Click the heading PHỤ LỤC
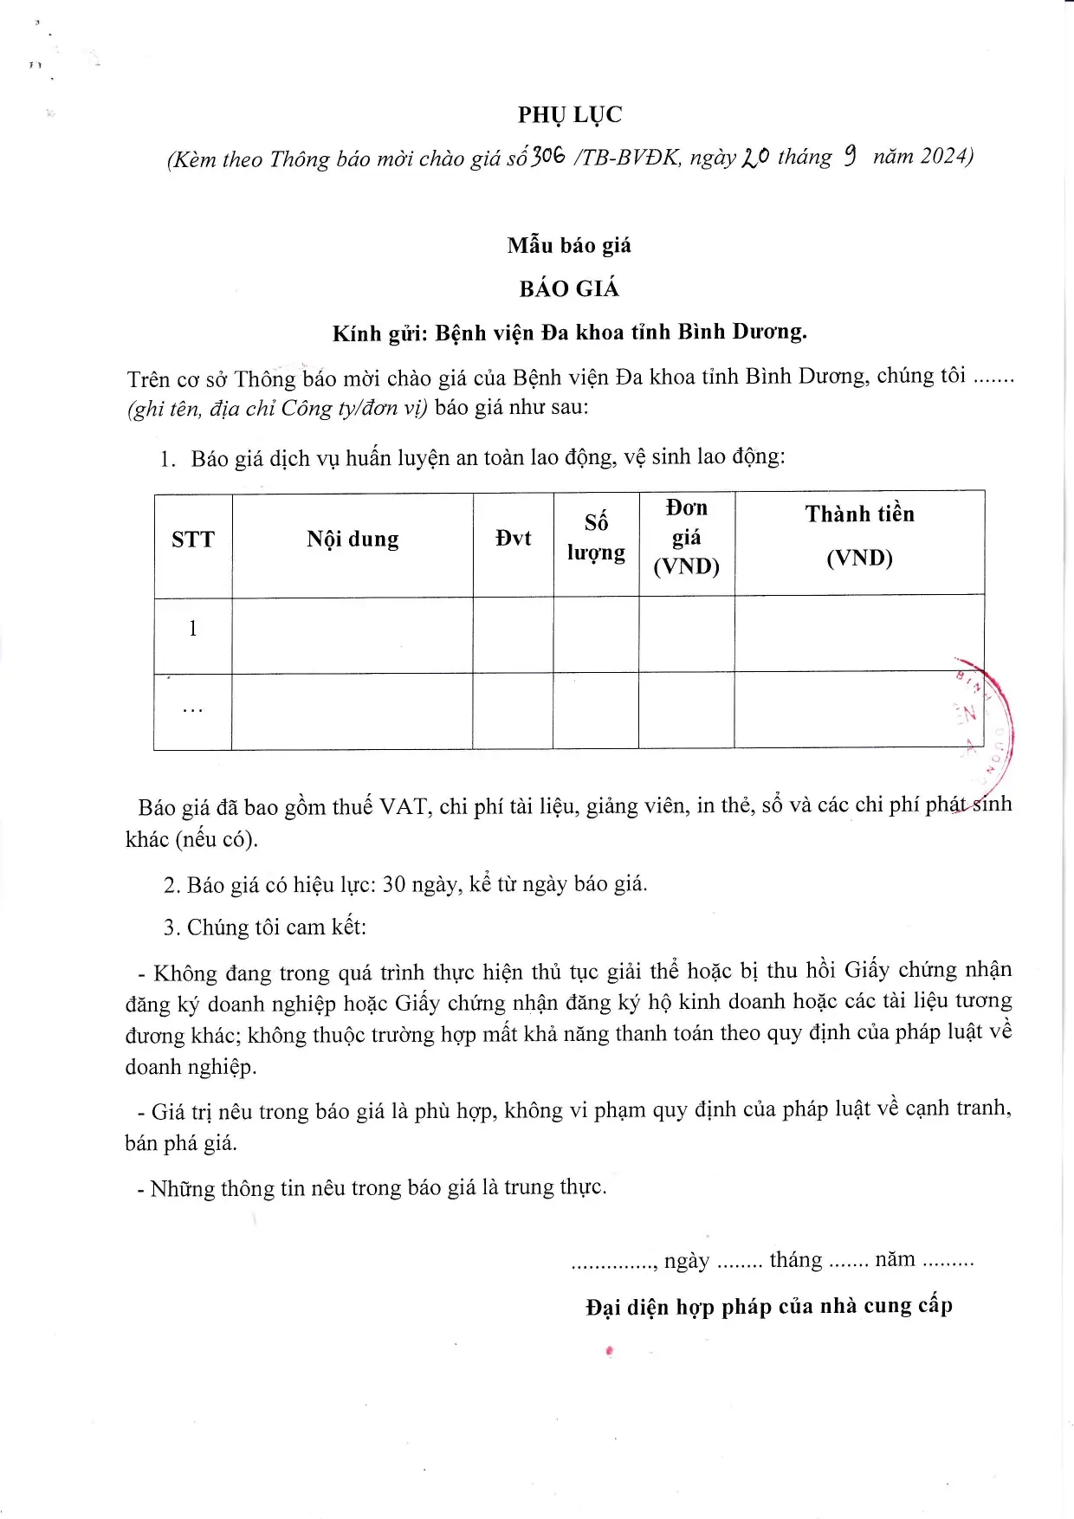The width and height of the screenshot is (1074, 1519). [570, 115]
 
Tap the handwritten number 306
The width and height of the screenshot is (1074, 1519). [548, 156]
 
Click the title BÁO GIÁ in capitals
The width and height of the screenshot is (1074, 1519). [569, 289]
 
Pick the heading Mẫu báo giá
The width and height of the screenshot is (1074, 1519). [569, 246]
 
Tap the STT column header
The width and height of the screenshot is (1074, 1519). [192, 540]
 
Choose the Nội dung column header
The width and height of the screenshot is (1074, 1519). [353, 540]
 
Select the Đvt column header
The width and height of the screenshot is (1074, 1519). [513, 539]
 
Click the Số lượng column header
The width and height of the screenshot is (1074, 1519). [596, 538]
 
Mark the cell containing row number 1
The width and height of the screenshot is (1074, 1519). [192, 629]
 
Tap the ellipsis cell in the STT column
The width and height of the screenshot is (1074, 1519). [192, 709]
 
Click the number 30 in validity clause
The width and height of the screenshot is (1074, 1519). [394, 884]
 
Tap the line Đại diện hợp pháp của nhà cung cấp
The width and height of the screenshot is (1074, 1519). [768, 1306]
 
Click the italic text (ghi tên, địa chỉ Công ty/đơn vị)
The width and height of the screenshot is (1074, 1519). [277, 409]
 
